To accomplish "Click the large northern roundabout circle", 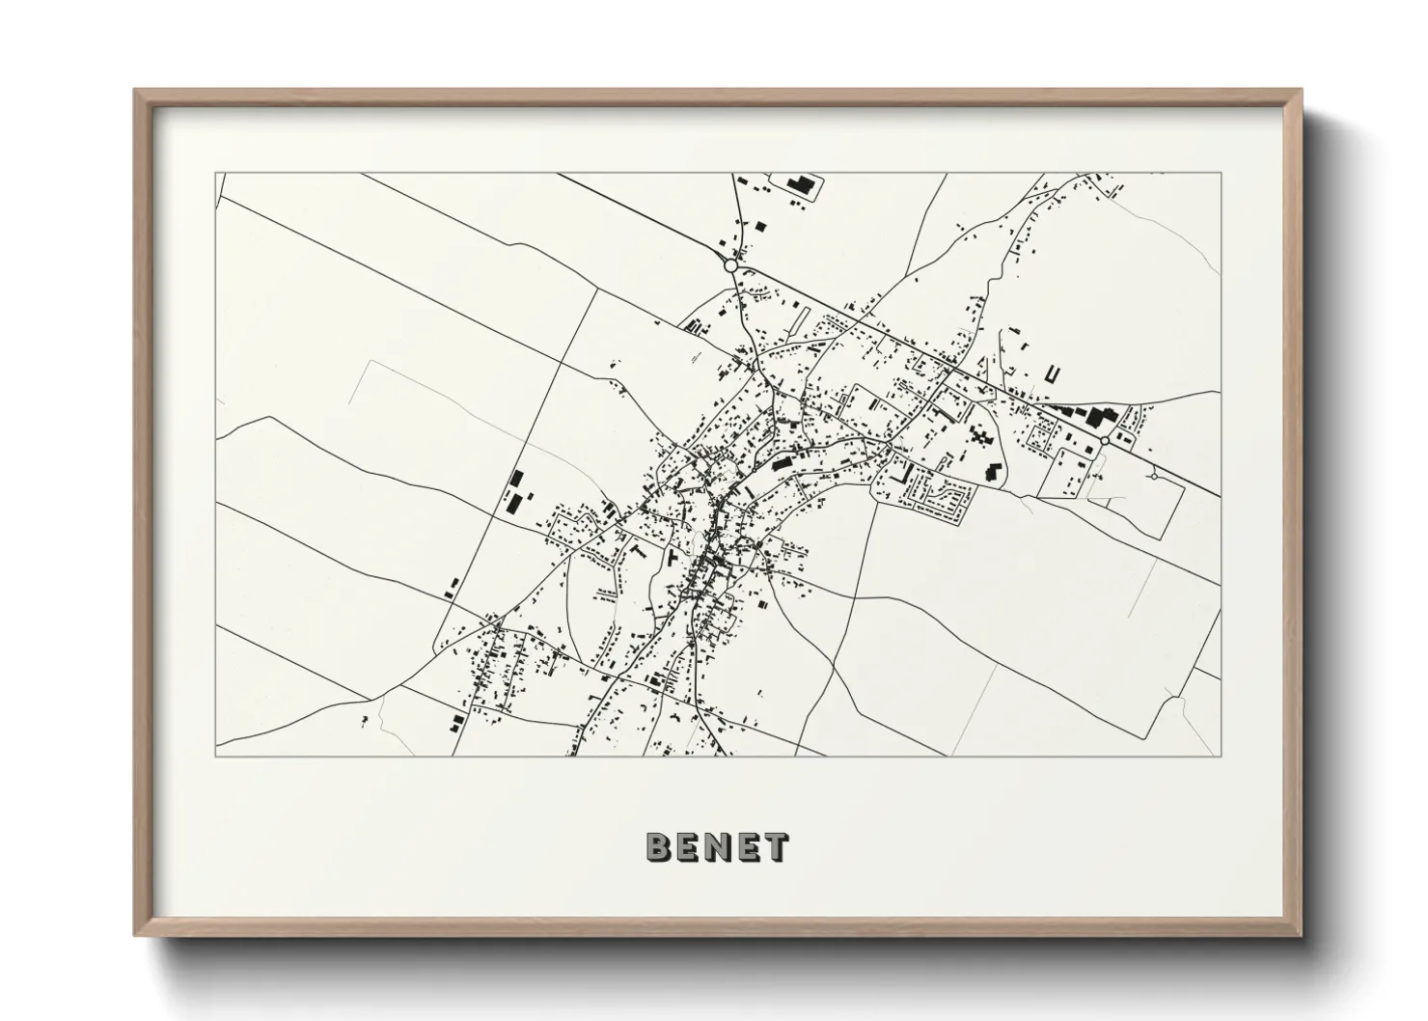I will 730,264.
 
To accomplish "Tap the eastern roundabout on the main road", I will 1104,440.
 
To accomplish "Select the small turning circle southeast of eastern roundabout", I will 1154,476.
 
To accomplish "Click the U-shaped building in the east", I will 1052,373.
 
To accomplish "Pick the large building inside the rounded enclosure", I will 800,183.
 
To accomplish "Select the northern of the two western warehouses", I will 517,479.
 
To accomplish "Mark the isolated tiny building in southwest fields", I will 364,720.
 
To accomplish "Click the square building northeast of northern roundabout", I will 759,226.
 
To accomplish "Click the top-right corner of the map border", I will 1221,174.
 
